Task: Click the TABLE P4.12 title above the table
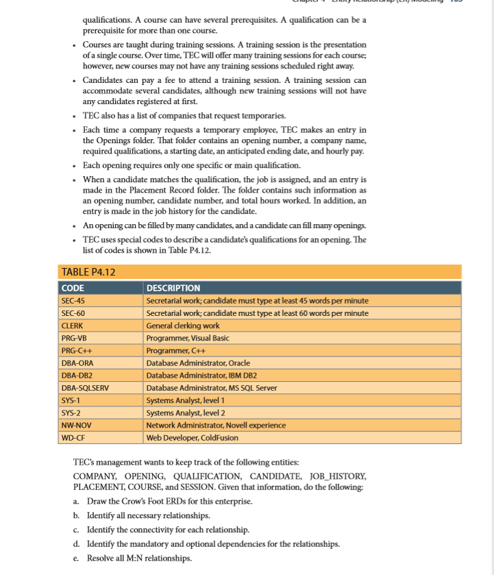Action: click(x=88, y=273)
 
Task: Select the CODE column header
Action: click(x=73, y=288)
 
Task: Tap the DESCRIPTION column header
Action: click(x=173, y=288)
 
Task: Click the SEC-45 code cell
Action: click(x=73, y=301)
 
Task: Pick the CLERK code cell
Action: click(x=72, y=326)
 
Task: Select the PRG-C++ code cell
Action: click(x=75, y=350)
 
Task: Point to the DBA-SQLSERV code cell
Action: click(x=85, y=388)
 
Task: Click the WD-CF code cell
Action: click(x=73, y=437)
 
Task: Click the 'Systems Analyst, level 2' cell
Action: click(x=186, y=413)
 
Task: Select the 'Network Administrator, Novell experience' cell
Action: click(x=216, y=425)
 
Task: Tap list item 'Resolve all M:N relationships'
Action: click(x=138, y=558)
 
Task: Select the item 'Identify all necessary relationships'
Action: click(x=148, y=515)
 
